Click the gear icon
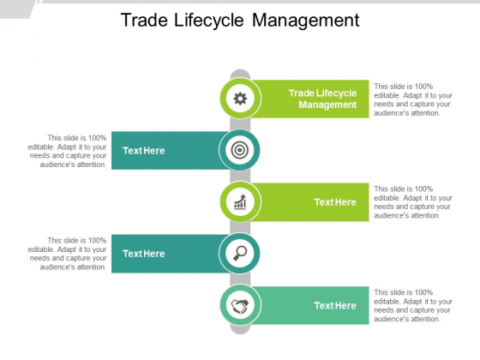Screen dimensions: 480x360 click(240, 99)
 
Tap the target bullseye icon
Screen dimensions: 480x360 click(240, 150)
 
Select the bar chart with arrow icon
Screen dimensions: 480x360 click(240, 201)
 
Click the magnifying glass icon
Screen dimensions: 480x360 click(240, 253)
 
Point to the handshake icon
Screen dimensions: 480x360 click(240, 306)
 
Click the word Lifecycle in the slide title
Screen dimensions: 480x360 click(209, 21)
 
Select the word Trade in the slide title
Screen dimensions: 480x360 click(145, 21)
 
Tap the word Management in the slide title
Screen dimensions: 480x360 click(306, 21)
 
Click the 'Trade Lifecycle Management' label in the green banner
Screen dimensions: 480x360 click(322, 99)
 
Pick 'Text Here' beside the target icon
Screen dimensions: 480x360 click(144, 151)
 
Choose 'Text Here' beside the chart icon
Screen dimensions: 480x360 click(335, 202)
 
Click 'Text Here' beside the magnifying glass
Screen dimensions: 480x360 click(144, 254)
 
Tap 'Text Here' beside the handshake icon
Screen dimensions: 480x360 click(335, 305)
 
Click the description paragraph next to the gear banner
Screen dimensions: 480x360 click(413, 99)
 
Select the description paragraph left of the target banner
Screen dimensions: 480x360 click(68, 151)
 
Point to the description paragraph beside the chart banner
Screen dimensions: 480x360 click(413, 202)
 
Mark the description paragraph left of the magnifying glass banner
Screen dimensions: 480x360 click(68, 254)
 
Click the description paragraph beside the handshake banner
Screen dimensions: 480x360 click(413, 305)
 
